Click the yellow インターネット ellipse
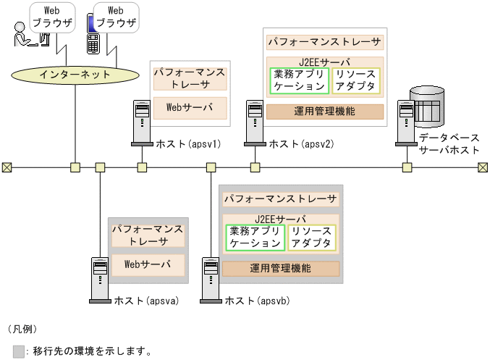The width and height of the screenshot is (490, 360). pos(75,74)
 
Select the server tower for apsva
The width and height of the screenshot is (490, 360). pos(100,279)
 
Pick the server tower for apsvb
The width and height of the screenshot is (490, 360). pos(211,279)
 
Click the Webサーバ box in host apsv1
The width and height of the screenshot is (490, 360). pos(190,107)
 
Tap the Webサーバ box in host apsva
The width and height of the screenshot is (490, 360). pos(147,264)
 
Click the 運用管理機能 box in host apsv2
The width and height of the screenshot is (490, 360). pos(324,112)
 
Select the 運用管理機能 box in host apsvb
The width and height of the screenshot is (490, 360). pos(280,268)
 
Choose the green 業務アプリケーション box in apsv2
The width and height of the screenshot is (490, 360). pos(300,80)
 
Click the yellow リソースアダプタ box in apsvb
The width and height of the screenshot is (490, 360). pos(313,238)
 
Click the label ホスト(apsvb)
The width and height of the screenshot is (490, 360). pos(258,301)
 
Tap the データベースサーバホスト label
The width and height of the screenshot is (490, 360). pos(448,143)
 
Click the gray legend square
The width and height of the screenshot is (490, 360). pos(19,351)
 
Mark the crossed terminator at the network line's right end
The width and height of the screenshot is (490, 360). pos(483,167)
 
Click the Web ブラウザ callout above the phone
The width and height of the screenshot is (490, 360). pos(115,17)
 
